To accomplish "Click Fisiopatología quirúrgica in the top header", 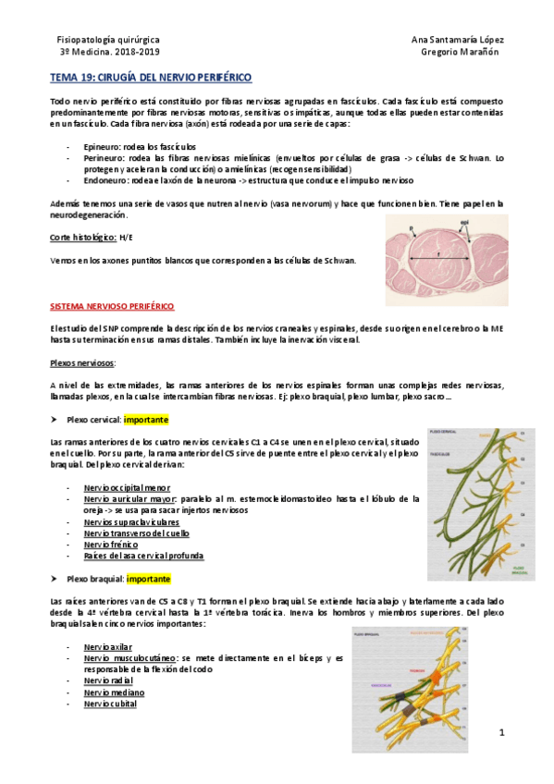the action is (x=108, y=41).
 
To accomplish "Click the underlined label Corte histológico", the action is (x=82, y=238).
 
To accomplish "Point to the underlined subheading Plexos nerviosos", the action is (x=82, y=363).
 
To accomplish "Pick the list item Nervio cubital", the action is (x=110, y=704).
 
